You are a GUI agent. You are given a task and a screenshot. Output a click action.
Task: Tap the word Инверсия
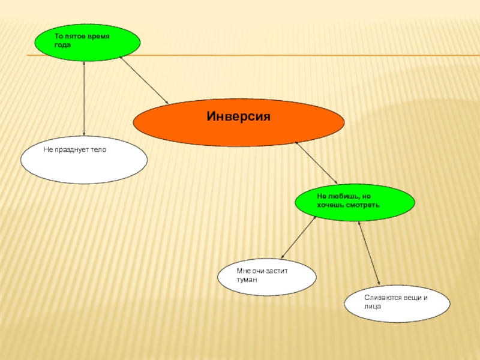239,116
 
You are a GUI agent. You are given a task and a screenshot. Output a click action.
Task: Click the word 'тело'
98,149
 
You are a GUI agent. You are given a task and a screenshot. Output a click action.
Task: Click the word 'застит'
277,271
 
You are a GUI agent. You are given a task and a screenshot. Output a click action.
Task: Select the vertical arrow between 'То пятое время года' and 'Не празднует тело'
84,98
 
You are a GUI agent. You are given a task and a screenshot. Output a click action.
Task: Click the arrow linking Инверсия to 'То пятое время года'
144,80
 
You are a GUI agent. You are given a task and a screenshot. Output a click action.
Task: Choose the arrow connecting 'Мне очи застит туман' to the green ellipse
298,237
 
